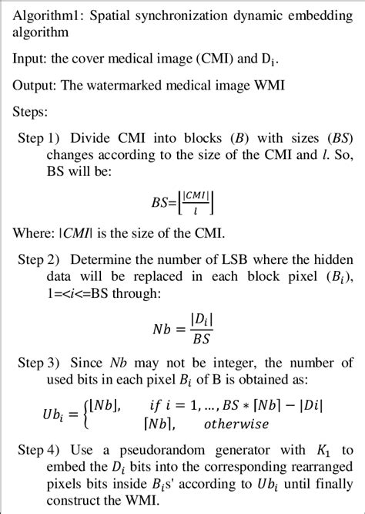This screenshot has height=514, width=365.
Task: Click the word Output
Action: coord(33,84)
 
